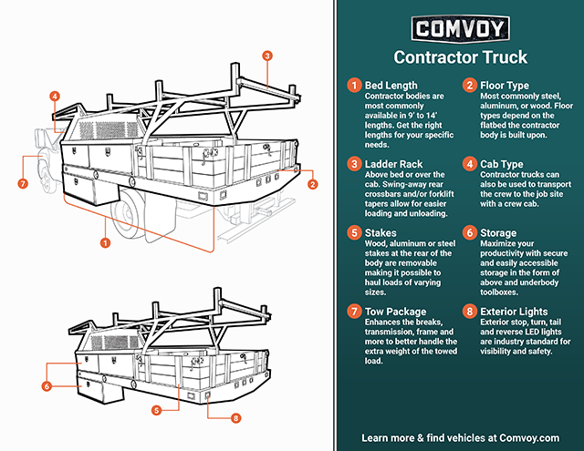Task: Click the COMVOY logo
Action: click(x=460, y=28)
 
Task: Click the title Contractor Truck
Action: click(x=460, y=57)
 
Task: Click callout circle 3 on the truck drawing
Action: click(x=266, y=56)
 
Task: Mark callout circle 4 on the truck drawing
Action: click(x=55, y=96)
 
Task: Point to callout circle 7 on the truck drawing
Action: click(x=23, y=183)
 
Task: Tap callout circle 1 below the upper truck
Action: click(x=106, y=243)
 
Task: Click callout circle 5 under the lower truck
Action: click(x=156, y=410)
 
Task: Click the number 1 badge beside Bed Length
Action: click(x=351, y=85)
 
